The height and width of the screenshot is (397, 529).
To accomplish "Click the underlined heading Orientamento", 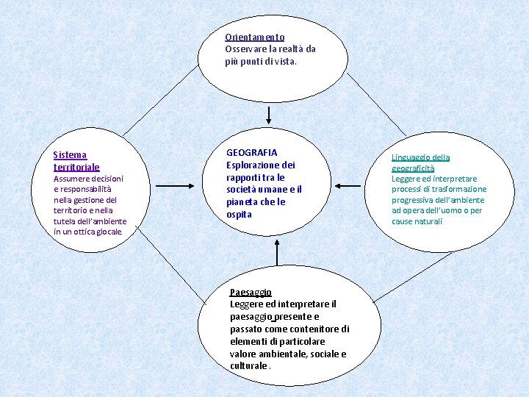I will tap(254, 37).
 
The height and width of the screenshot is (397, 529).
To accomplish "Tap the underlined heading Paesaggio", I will tap(251, 292).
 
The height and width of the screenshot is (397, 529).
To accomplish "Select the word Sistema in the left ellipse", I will tap(70, 155).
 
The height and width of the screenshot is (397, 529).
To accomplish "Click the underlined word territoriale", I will tap(76, 167).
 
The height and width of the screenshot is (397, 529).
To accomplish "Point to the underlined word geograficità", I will tap(412, 168).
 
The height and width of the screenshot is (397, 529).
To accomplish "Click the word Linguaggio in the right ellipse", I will tap(410, 157).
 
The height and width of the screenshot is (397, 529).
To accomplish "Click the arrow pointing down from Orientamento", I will tap(268, 115).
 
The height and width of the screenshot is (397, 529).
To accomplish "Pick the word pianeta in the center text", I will tap(241, 202).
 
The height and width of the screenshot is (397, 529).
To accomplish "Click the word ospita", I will tap(239, 215).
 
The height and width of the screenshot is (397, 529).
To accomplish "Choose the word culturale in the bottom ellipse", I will tap(248, 366).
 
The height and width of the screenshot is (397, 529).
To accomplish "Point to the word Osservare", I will tap(245, 49).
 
